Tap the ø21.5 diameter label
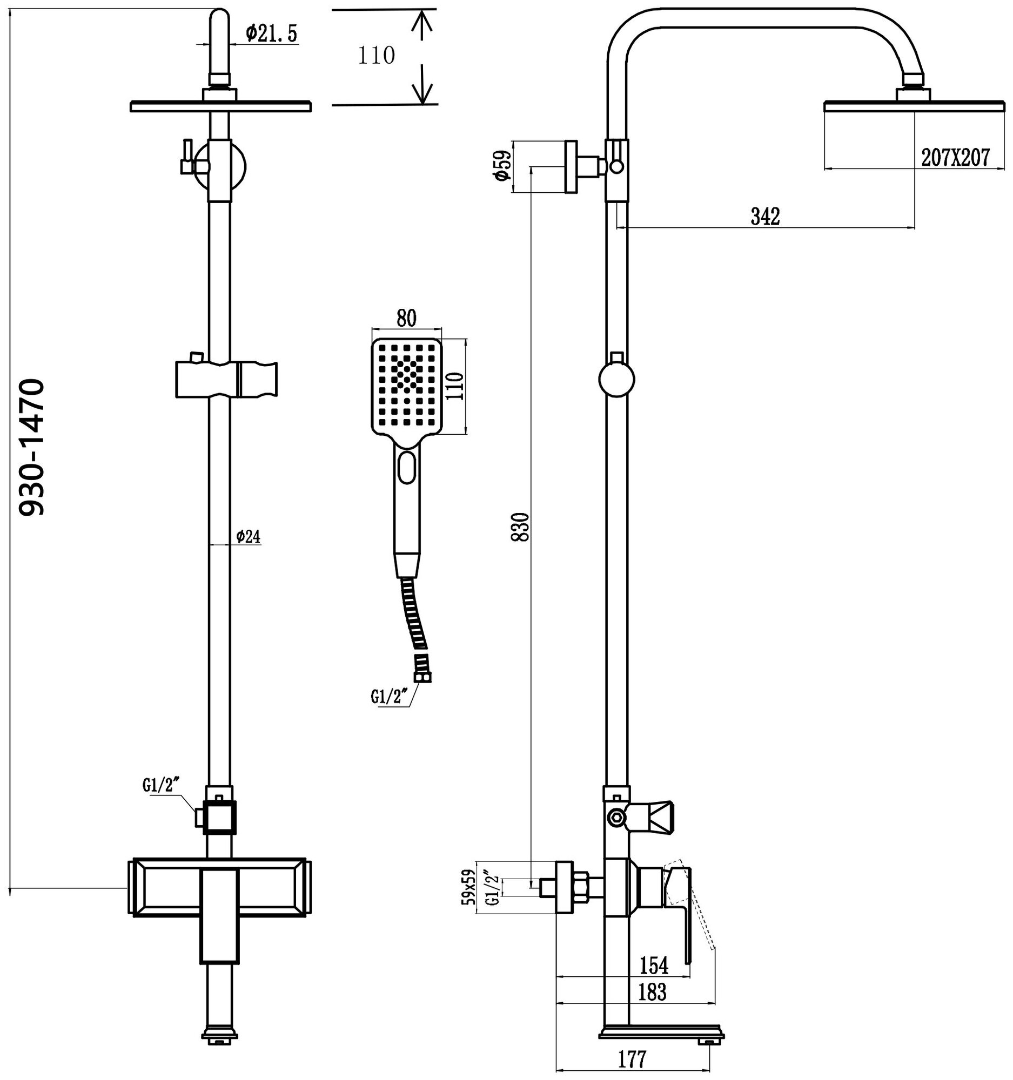pyautogui.click(x=271, y=33)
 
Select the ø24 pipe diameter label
pyautogui.click(x=249, y=537)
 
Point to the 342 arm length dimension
pyautogui.click(x=765, y=216)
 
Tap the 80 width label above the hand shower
pyautogui.click(x=406, y=319)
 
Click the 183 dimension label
pyautogui.click(x=652, y=992)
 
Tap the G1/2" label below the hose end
pyautogui.click(x=390, y=697)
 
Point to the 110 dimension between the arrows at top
pyautogui.click(x=376, y=56)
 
